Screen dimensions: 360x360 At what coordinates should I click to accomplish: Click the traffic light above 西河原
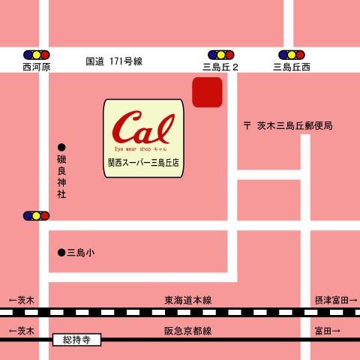(36, 55)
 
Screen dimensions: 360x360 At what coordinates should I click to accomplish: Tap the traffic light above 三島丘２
(220, 55)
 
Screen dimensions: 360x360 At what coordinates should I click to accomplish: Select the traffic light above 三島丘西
(292, 55)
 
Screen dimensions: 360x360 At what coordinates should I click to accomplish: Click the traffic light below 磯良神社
(36, 216)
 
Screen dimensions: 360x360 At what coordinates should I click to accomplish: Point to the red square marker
(207, 92)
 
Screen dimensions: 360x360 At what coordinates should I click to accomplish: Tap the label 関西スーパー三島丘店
(143, 163)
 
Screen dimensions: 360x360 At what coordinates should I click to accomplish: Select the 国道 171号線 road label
(114, 61)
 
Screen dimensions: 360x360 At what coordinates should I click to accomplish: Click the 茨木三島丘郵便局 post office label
(288, 125)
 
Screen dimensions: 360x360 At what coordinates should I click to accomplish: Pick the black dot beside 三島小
(61, 253)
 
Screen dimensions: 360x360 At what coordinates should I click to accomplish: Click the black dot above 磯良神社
(61, 147)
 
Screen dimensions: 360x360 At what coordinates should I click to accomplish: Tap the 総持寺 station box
(76, 340)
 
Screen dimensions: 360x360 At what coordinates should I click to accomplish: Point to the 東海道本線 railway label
(187, 300)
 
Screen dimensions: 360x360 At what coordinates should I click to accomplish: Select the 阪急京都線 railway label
(187, 331)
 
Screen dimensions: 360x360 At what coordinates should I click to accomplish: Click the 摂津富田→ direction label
(335, 300)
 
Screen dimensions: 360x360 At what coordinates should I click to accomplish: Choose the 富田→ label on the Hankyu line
(327, 331)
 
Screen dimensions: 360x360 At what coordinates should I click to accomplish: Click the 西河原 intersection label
(36, 67)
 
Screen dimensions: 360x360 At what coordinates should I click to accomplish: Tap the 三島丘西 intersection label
(292, 67)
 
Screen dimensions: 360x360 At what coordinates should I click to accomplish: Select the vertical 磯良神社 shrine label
(61, 177)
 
